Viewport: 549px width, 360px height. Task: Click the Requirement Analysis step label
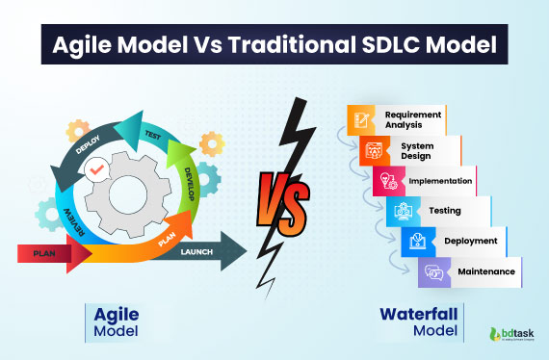(x=412, y=119)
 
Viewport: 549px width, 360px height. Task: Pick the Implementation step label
(x=438, y=180)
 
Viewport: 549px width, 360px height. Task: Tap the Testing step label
(x=445, y=210)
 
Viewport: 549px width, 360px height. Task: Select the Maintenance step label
(x=485, y=271)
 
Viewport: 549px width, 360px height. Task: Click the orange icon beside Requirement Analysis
(x=360, y=120)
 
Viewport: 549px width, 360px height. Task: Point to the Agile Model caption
(x=115, y=321)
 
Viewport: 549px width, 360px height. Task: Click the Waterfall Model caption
(x=422, y=321)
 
